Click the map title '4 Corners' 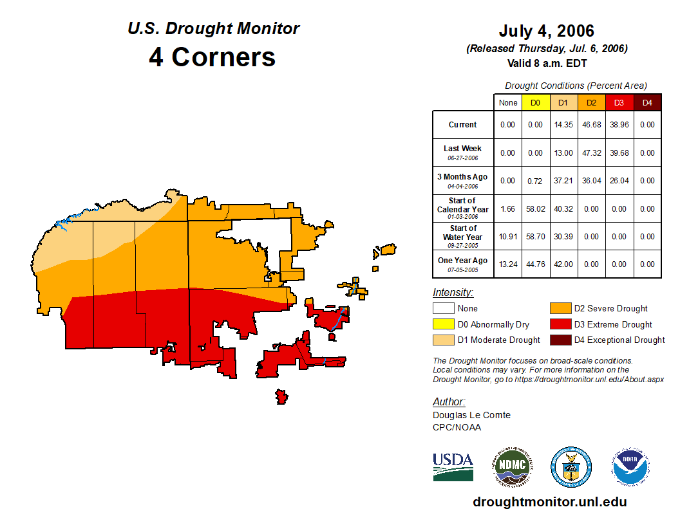(x=212, y=57)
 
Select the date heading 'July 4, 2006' (x=546, y=31)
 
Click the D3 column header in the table (x=619, y=102)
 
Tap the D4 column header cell (x=647, y=102)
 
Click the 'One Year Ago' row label (x=462, y=261)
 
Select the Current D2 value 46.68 (x=591, y=125)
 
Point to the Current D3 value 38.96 (x=619, y=125)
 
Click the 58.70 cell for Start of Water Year (x=536, y=237)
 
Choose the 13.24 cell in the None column (x=508, y=264)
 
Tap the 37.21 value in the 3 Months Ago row (x=563, y=181)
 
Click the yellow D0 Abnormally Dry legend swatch (x=442, y=324)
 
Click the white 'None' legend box (x=442, y=309)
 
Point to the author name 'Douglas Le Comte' (x=471, y=415)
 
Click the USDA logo (x=453, y=466)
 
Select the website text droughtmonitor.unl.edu (x=549, y=502)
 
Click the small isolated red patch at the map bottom (x=281, y=396)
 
